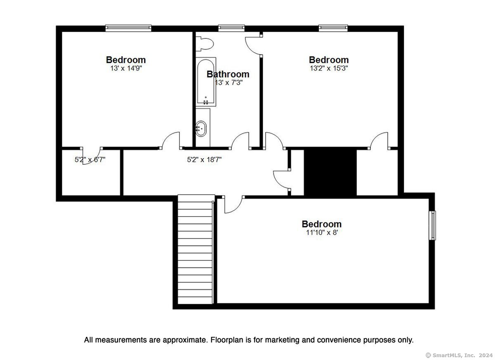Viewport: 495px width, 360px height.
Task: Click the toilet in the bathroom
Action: (205, 44)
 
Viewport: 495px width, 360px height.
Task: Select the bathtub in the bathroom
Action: (206, 82)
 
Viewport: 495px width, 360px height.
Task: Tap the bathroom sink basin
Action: (201, 128)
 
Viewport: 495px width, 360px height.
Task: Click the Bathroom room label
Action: (228, 74)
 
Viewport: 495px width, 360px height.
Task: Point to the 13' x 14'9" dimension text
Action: (126, 69)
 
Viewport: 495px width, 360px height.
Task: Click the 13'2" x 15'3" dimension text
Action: (329, 69)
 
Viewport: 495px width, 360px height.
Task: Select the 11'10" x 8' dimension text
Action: (322, 232)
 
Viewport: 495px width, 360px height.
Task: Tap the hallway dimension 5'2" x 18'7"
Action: (204, 159)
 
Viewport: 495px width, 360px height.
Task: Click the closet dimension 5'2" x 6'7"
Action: (90, 159)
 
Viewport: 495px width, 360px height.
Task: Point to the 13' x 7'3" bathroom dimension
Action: (229, 83)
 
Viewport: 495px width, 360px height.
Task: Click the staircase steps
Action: (195, 249)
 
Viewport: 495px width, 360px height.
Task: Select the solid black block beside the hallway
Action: (330, 172)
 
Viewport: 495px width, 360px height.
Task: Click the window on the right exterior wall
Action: (432, 225)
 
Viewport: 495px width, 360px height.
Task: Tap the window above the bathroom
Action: (231, 28)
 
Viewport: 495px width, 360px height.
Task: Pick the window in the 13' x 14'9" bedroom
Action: (128, 28)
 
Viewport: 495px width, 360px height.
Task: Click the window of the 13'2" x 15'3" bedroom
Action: (333, 28)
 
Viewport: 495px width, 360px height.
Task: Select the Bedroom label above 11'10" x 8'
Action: (321, 224)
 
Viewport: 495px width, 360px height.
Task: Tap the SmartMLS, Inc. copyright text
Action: (459, 355)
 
